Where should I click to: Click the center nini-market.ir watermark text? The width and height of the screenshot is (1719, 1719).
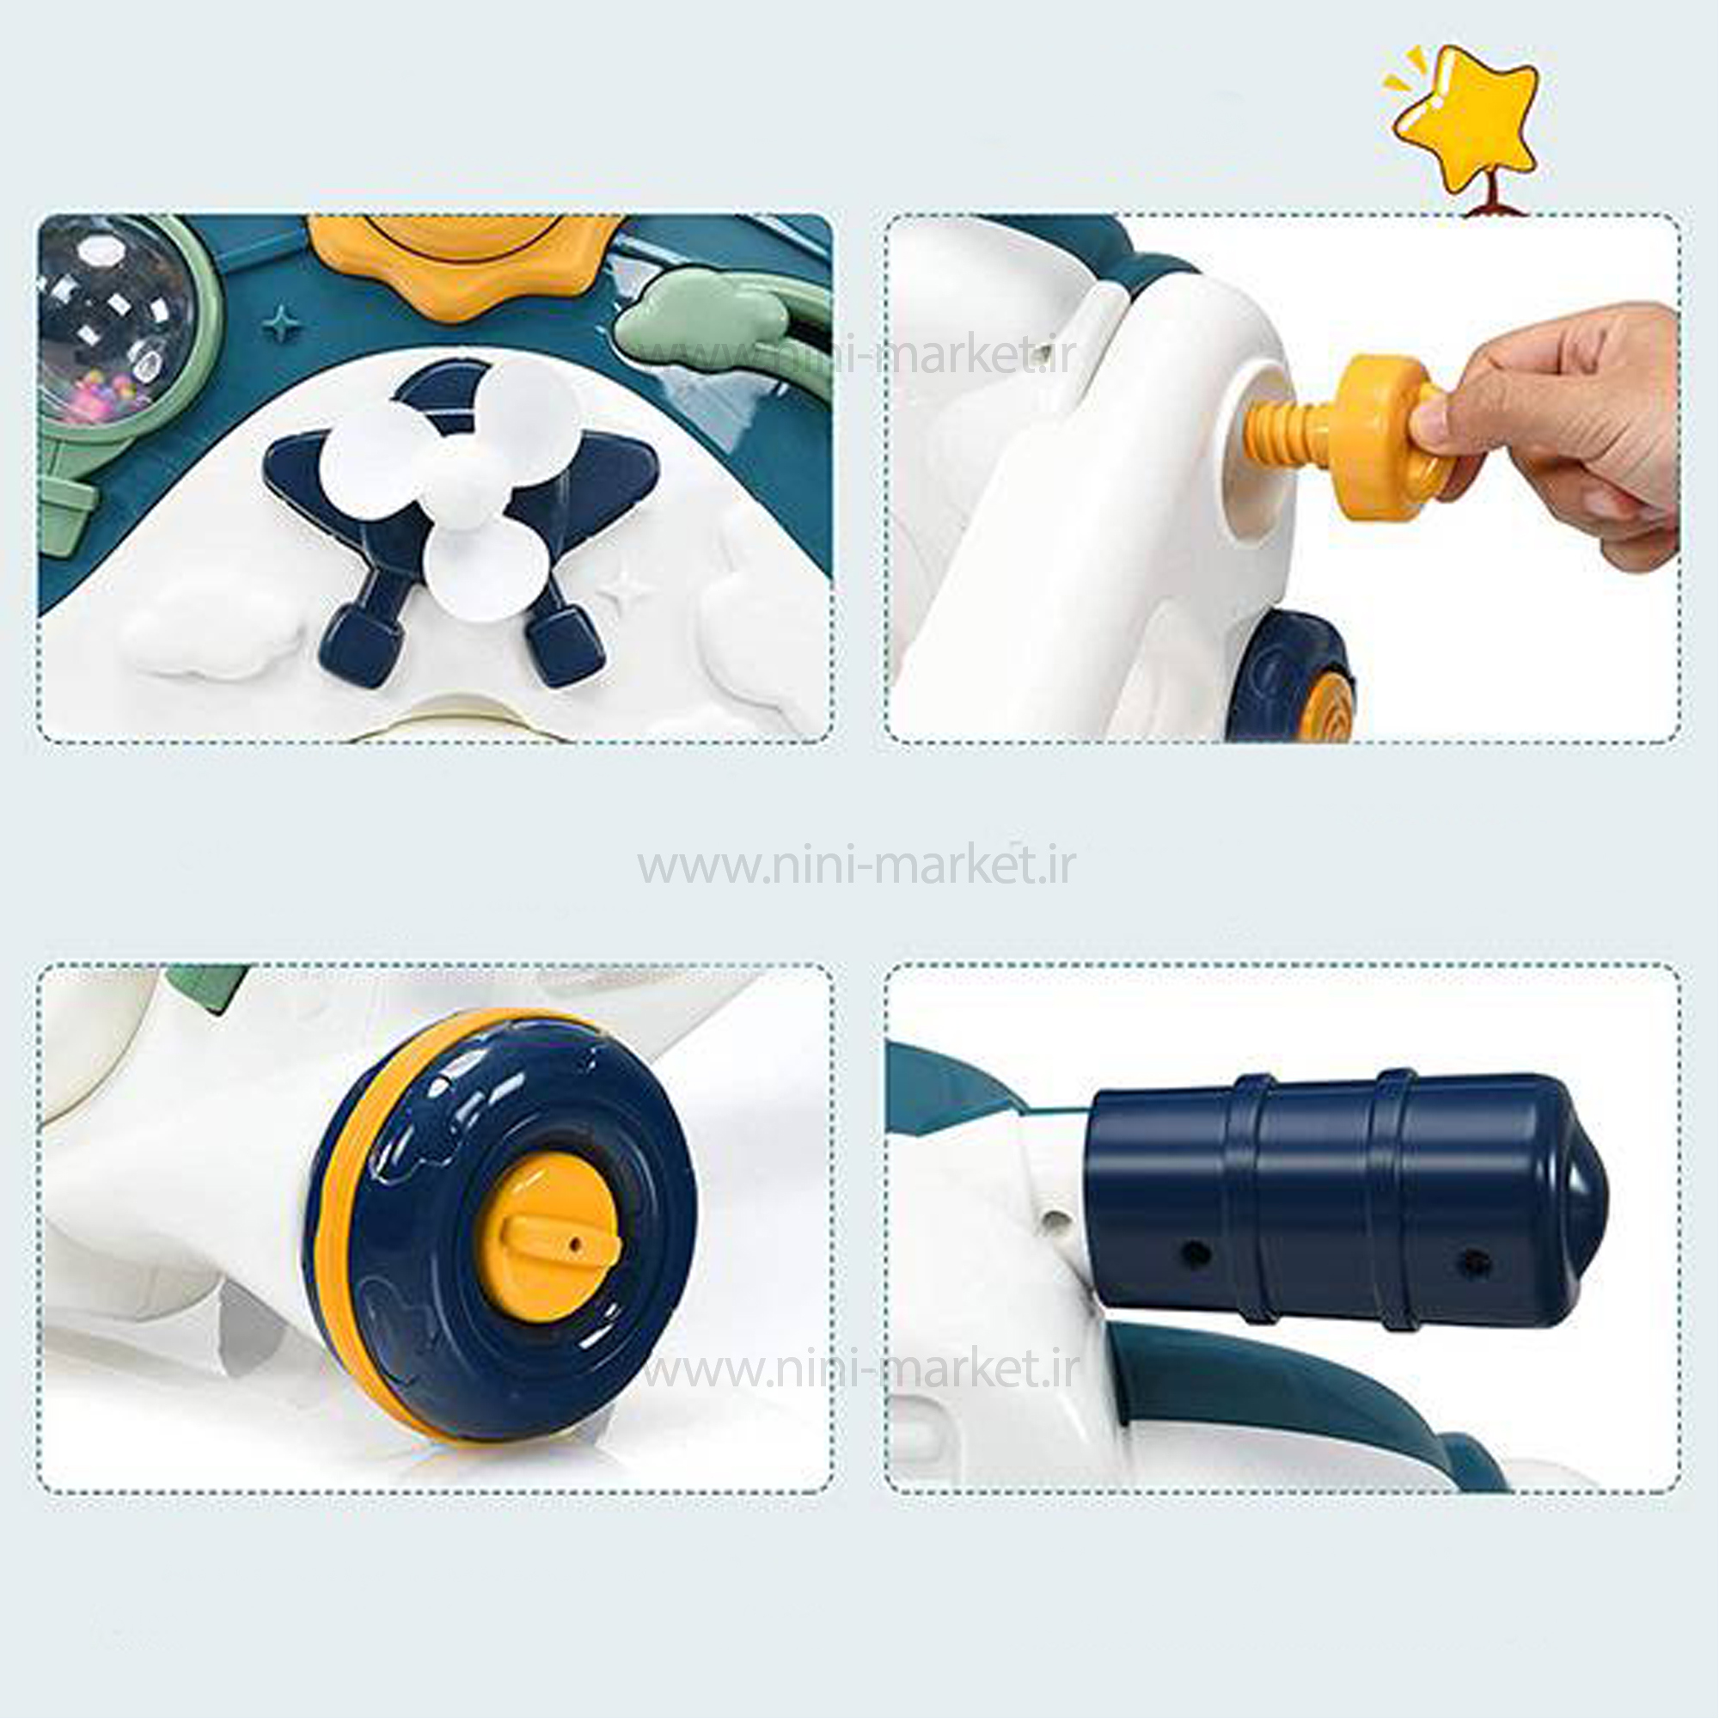857,864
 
